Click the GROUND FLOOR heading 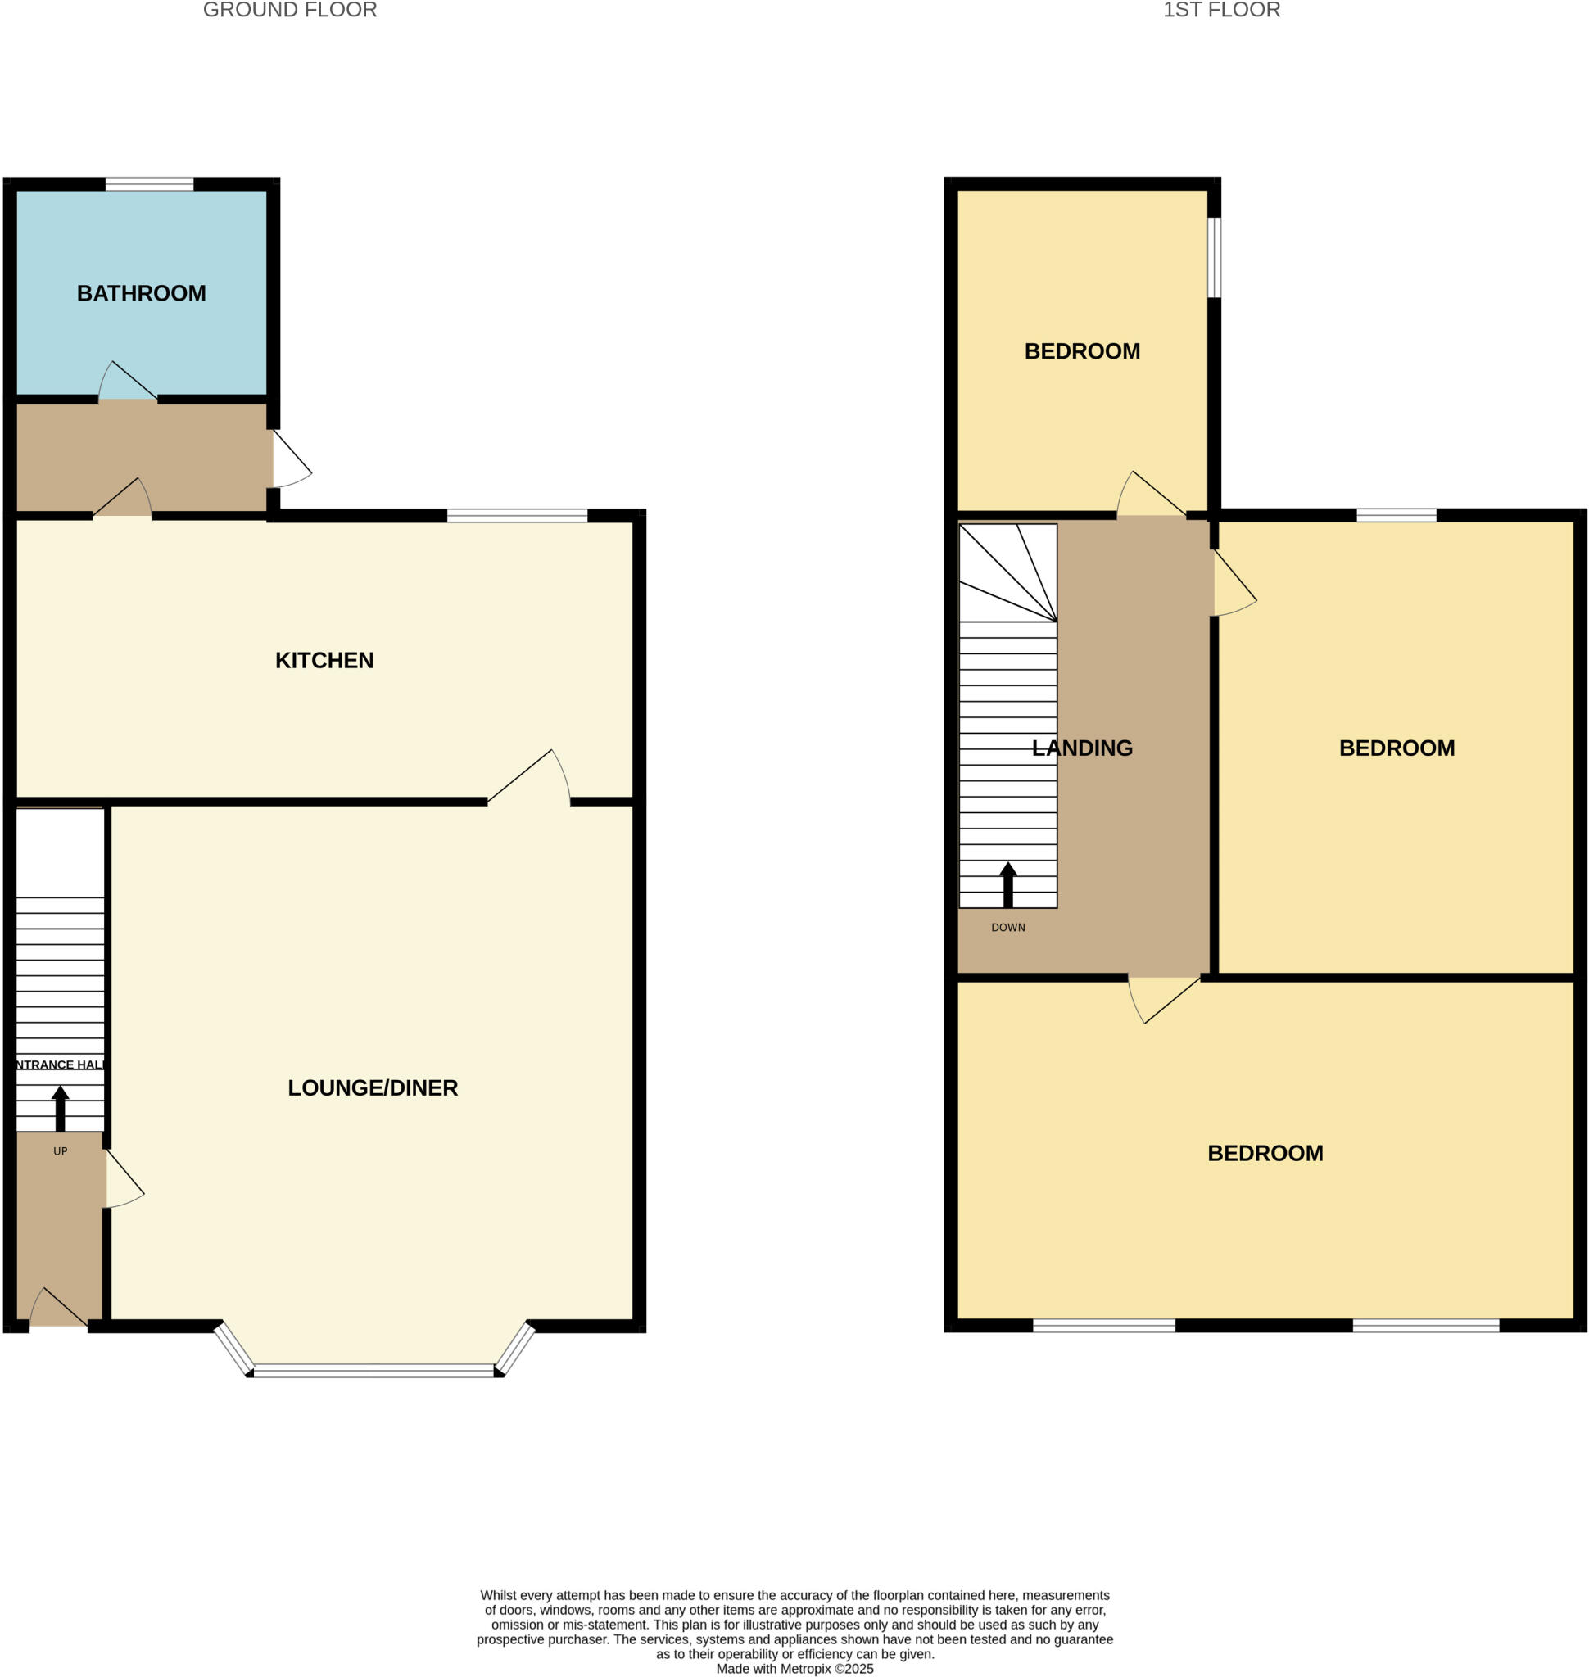[x=290, y=10]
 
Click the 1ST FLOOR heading [x=1221, y=10]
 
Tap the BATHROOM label [x=142, y=293]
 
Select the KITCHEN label [x=324, y=660]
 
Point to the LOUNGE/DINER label [x=373, y=1087]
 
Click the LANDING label [x=1083, y=748]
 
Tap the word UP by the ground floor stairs [x=60, y=1151]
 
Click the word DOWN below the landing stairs [x=1008, y=928]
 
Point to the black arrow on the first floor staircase [x=1008, y=884]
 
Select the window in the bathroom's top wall [x=149, y=183]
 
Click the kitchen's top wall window [x=517, y=515]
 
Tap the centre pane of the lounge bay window [x=373, y=1371]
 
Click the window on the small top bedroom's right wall [x=1214, y=257]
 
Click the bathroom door [x=128, y=382]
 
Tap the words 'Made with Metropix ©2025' [x=794, y=1669]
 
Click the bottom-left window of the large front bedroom [x=1103, y=1326]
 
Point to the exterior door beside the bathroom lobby [x=291, y=459]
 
